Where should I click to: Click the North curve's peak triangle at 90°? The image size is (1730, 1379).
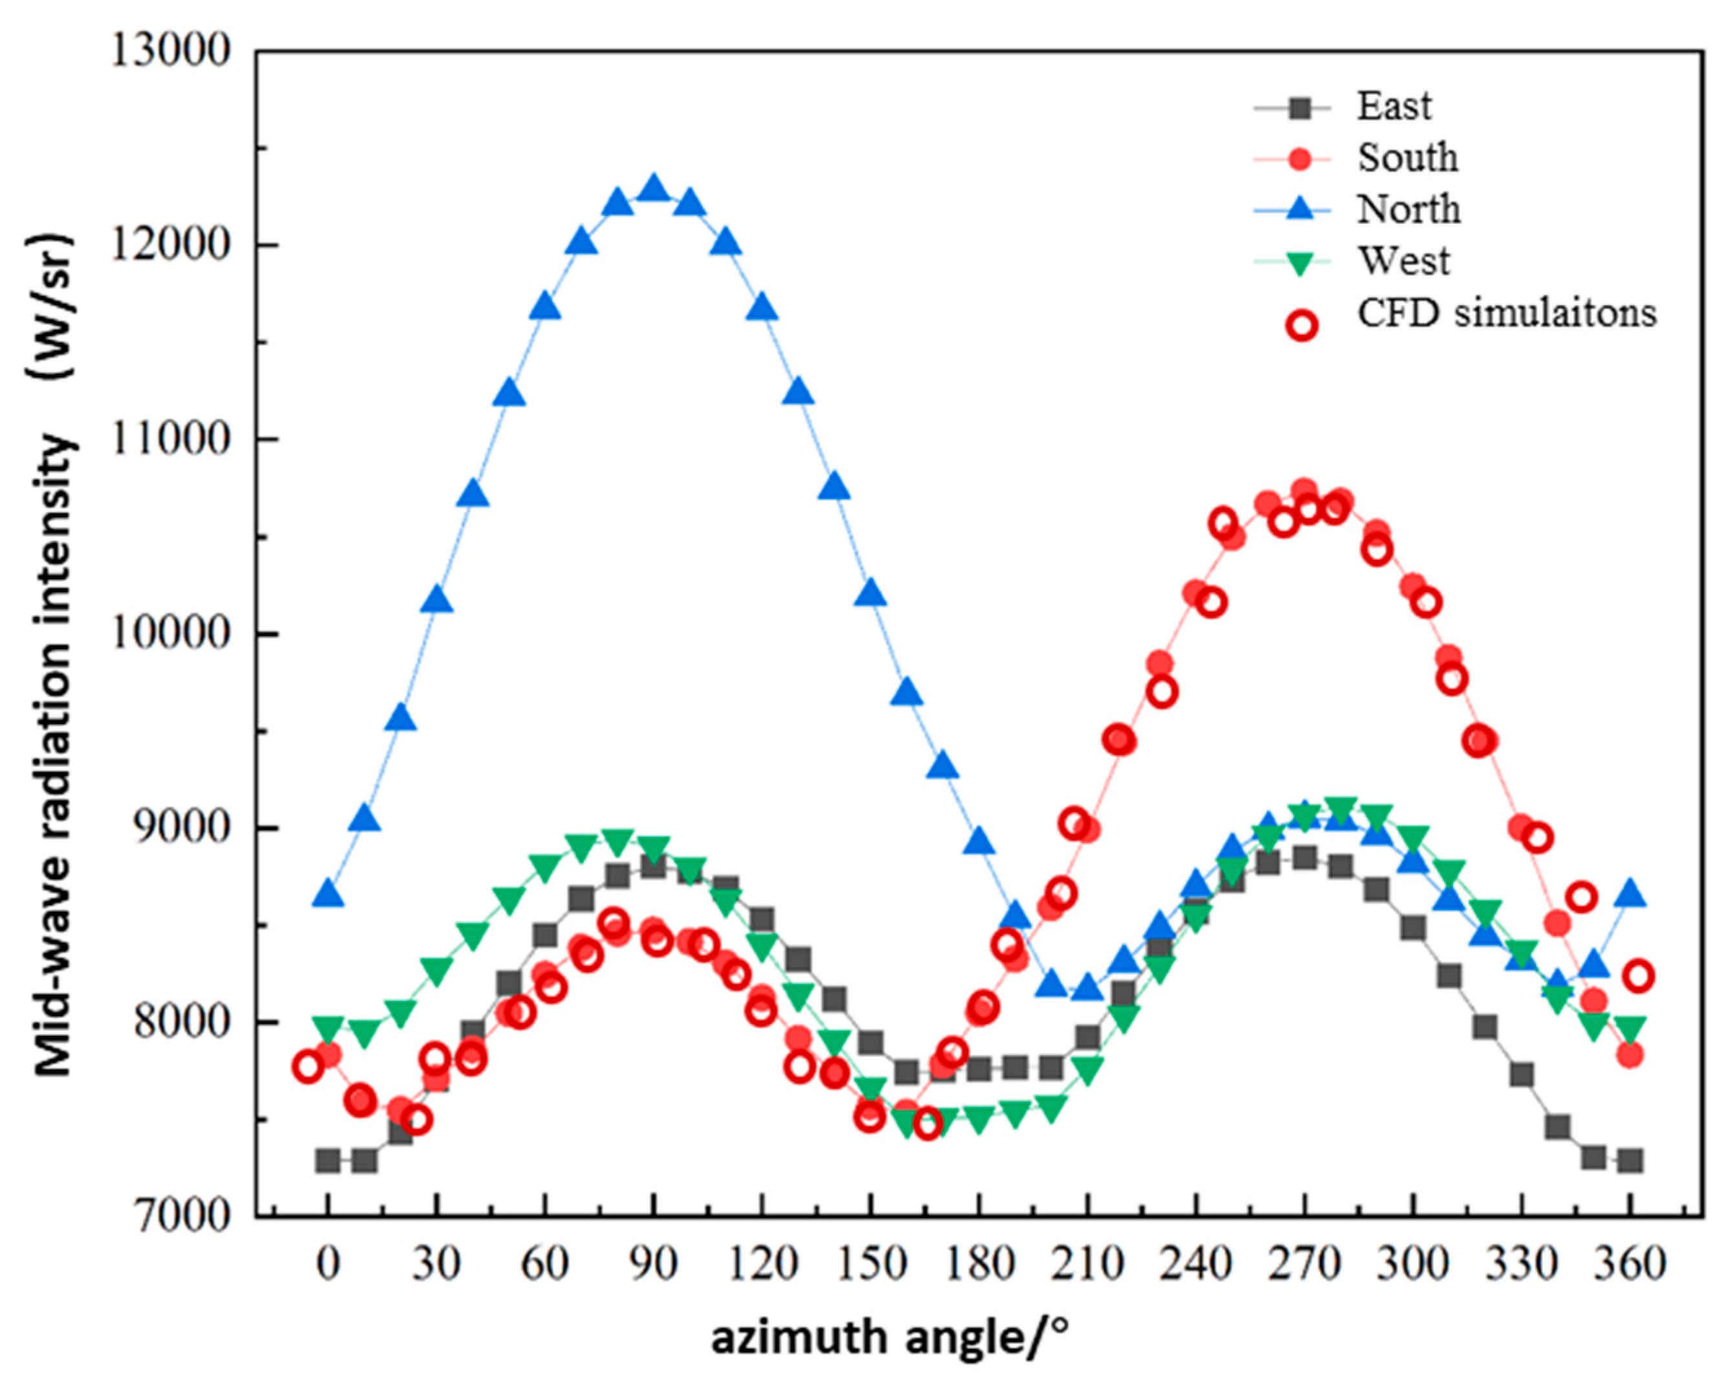654,189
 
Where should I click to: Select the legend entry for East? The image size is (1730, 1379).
1394,107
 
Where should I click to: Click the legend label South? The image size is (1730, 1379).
1407,158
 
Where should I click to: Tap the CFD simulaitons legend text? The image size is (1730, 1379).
1506,313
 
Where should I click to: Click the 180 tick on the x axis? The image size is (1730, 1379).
979,1265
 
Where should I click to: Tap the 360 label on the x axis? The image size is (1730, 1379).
1630,1265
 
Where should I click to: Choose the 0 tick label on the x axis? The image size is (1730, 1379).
327,1265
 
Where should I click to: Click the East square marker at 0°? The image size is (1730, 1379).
327,1160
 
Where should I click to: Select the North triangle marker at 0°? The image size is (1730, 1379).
327,895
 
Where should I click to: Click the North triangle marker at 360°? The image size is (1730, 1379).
1630,895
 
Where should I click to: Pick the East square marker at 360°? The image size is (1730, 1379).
1630,1160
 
